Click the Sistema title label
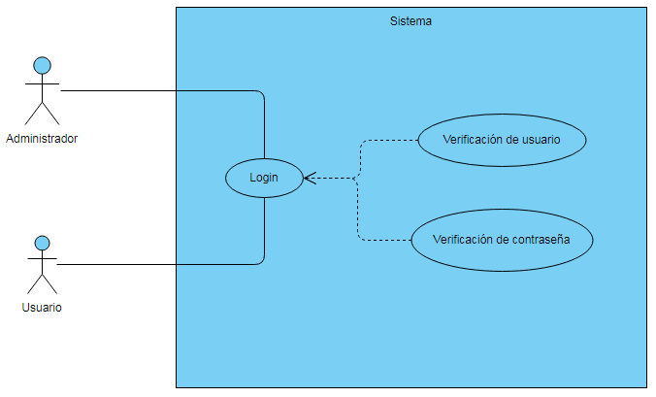tap(410, 20)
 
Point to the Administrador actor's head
tap(42, 66)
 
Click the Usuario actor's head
tap(42, 242)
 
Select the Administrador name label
tap(42, 139)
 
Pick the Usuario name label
tap(42, 308)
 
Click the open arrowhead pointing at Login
tap(309, 178)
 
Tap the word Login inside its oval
tap(263, 178)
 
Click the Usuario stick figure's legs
tap(42, 283)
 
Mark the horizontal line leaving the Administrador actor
tap(155, 91)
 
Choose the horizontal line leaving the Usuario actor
tap(155, 264)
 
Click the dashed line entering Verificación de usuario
tap(388, 140)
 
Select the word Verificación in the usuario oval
tap(473, 139)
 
